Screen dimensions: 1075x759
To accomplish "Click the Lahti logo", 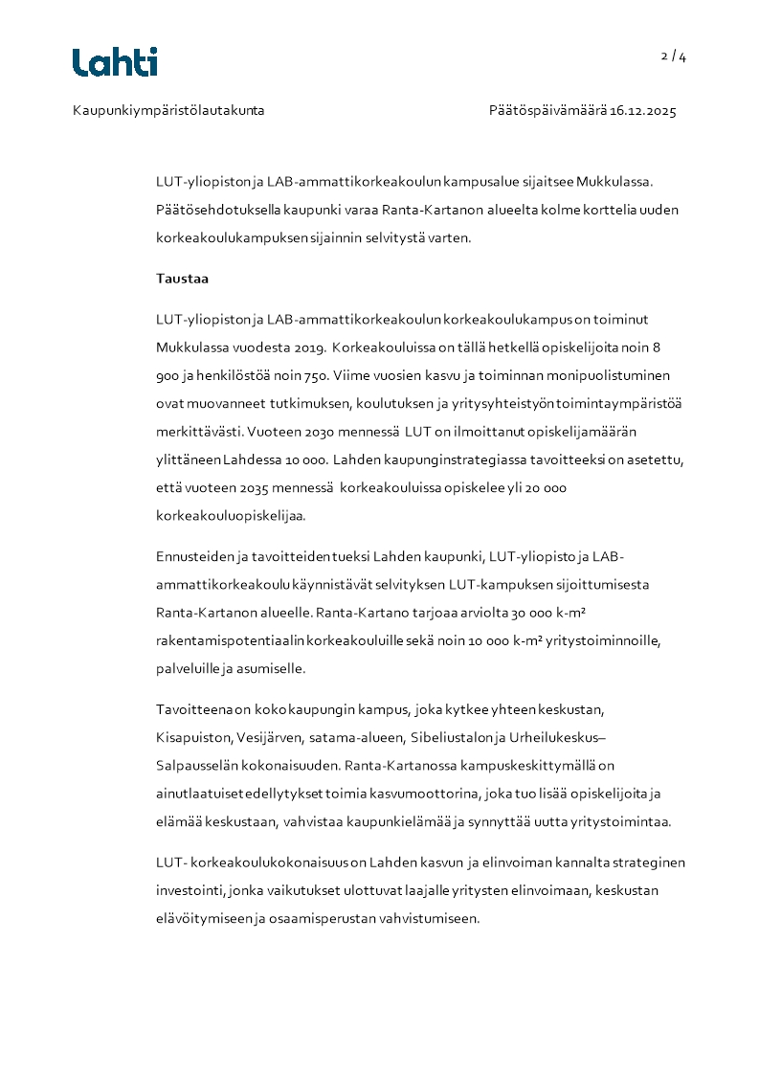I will tap(115, 61).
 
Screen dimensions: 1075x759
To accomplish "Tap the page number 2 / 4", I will tap(674, 56).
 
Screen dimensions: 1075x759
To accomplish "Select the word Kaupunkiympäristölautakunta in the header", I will tap(168, 111).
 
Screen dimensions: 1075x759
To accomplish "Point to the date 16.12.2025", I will tap(643, 111).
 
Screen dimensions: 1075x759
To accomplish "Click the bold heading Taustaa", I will tap(183, 280).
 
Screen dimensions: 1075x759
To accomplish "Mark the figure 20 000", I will tap(545, 488).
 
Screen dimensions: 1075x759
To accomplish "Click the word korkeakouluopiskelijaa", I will tap(231, 516).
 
